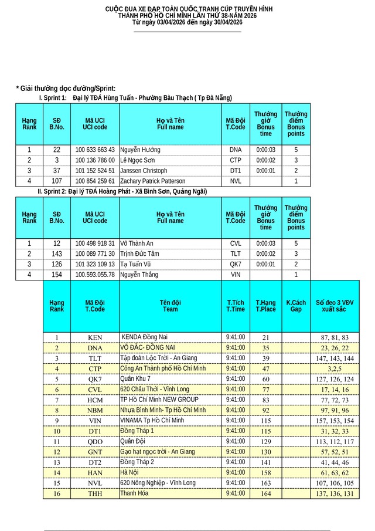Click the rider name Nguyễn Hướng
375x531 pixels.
coord(141,150)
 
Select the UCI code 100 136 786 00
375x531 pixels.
coord(95,160)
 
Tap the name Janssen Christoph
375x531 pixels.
coord(144,171)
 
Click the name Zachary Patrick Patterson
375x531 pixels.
coord(153,181)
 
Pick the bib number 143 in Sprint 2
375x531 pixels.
coord(56,253)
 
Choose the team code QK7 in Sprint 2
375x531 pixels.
coord(236,264)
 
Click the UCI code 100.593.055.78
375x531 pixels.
coord(95,275)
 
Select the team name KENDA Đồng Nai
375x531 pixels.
coord(145,337)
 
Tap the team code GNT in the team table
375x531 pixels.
coord(95,452)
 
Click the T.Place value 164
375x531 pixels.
coord(265,493)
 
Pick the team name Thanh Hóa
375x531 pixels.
coord(132,493)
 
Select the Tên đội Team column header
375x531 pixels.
coord(170,306)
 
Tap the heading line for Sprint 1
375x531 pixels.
coord(135,97)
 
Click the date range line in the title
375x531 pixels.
coord(187,22)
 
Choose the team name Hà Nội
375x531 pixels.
coord(129,472)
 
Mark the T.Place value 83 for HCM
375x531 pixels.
coord(265,400)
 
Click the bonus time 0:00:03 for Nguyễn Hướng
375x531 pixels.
coord(265,150)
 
